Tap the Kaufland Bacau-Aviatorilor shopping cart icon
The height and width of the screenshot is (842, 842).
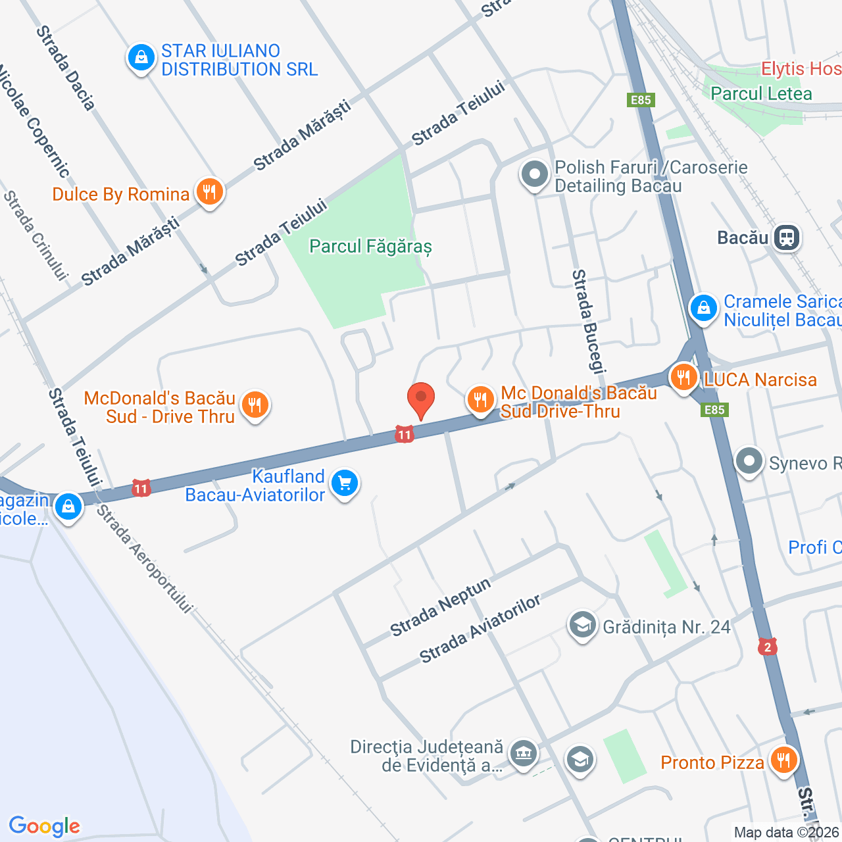coord(345,484)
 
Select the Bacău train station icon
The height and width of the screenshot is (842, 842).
coord(787,237)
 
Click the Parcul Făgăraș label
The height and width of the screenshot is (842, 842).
coord(370,247)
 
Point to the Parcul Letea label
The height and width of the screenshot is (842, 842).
coord(761,94)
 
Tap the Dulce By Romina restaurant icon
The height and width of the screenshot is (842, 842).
coord(209,193)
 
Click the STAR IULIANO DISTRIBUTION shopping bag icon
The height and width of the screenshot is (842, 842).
coord(141,59)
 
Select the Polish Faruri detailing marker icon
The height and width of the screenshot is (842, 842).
coord(534,175)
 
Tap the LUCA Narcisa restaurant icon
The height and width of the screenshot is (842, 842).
coord(683,378)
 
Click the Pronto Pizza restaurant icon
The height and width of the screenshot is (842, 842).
coord(783,761)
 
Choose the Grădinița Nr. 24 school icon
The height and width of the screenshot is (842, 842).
coord(582,626)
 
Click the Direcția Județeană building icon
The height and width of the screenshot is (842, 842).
coord(524,754)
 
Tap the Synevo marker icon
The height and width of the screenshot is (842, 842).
coord(749,462)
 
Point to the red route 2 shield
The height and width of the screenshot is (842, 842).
coord(767,647)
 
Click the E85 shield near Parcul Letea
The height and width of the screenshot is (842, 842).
coord(640,100)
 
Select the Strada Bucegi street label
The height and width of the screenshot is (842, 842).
coord(588,321)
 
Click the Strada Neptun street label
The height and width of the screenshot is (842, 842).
coord(440,607)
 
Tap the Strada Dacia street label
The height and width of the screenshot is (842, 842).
coord(65,67)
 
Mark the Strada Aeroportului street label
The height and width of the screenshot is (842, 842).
coord(145,559)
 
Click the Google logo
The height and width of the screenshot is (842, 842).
coord(44,826)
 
